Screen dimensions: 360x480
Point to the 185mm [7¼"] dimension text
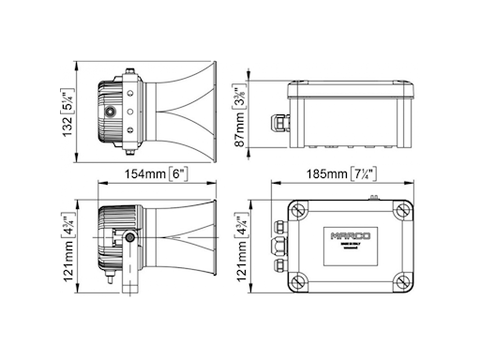[x=341, y=174]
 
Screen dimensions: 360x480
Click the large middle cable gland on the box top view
[x=277, y=246]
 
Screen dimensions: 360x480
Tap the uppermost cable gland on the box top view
[x=278, y=226]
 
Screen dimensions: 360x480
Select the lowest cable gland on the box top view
[x=278, y=265]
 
